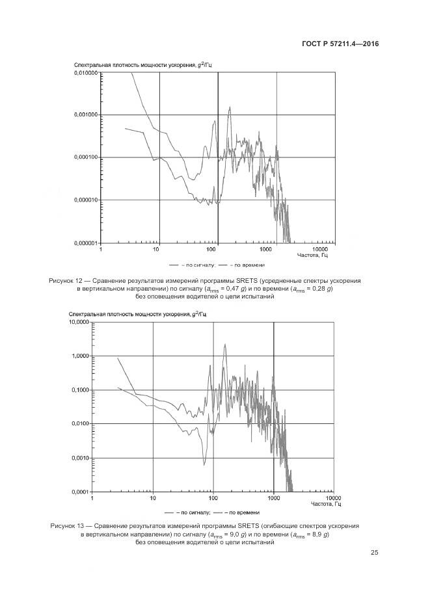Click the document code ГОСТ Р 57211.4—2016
click(340, 44)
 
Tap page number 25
click(374, 553)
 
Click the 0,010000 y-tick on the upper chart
click(84, 73)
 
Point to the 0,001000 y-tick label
click(84, 115)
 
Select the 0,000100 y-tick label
click(84, 157)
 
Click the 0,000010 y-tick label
click(84, 200)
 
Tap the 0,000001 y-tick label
click(84, 242)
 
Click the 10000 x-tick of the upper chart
click(319, 249)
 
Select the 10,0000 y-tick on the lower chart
click(77, 322)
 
